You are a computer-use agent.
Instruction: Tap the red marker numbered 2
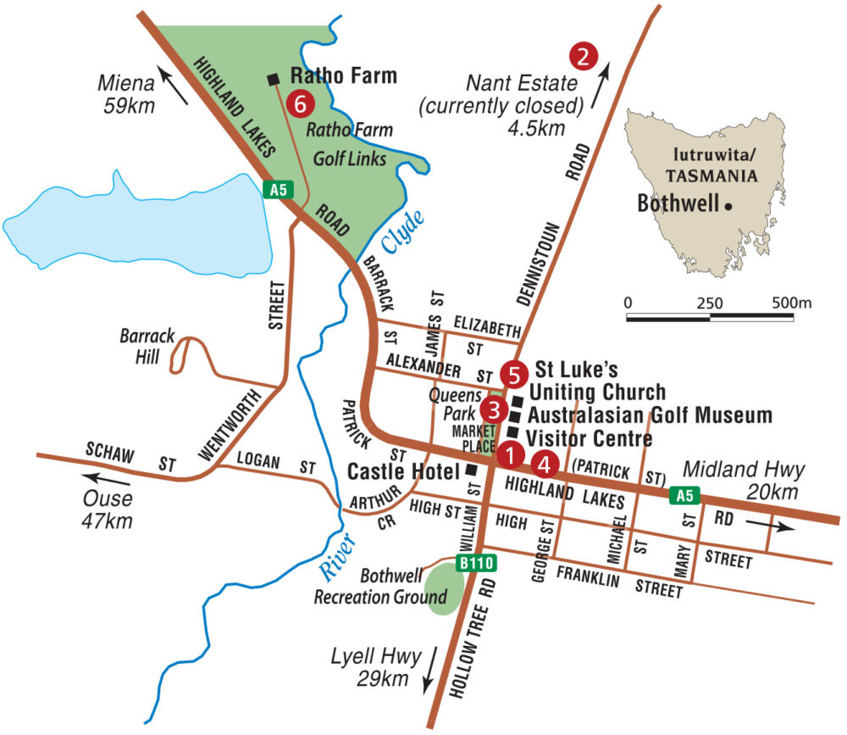coord(584,56)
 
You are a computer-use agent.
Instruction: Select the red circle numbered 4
coord(545,464)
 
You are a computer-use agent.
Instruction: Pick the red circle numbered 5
coord(513,372)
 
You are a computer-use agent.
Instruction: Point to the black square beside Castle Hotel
coord(471,469)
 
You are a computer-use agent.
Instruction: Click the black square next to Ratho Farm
coord(273,79)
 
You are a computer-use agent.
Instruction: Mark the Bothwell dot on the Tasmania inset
coord(728,206)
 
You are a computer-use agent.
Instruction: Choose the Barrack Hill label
coord(148,346)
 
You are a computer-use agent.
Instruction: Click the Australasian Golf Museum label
coord(649,415)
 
